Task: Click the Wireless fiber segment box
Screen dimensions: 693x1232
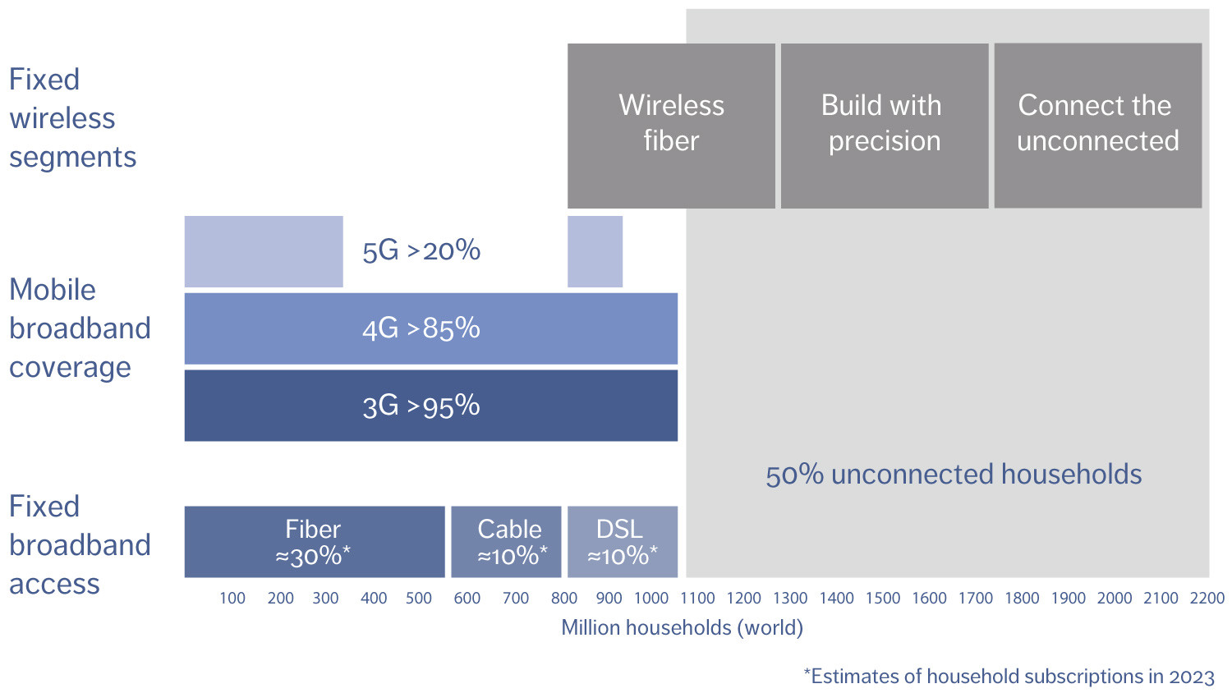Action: tap(671, 125)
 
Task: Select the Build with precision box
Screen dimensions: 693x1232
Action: tap(884, 125)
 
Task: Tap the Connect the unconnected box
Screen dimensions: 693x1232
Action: tap(1097, 125)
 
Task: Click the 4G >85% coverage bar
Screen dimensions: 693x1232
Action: tap(430, 328)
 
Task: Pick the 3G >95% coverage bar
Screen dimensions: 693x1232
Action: tap(430, 406)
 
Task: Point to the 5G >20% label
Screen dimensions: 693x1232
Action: tap(421, 250)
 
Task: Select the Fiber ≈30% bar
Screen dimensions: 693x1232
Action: tap(314, 542)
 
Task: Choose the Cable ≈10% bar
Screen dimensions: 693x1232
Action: tap(506, 542)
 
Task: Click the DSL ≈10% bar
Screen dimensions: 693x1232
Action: tap(623, 542)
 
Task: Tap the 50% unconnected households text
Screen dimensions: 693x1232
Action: tap(953, 475)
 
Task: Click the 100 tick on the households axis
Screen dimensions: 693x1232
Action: tap(232, 599)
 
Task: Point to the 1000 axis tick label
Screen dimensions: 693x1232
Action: tap(651, 599)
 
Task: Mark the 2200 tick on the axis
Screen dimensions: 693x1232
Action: tap(1207, 599)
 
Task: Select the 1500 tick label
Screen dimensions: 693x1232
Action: tap(883, 599)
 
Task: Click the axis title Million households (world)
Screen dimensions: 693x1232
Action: tap(682, 628)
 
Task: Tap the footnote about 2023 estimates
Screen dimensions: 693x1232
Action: tap(1009, 677)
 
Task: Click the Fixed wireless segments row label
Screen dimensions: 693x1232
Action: tap(72, 118)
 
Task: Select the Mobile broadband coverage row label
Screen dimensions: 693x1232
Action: tap(79, 328)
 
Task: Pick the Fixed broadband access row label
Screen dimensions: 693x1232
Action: tap(79, 545)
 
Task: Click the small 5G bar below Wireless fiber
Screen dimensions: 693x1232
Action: tap(595, 251)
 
